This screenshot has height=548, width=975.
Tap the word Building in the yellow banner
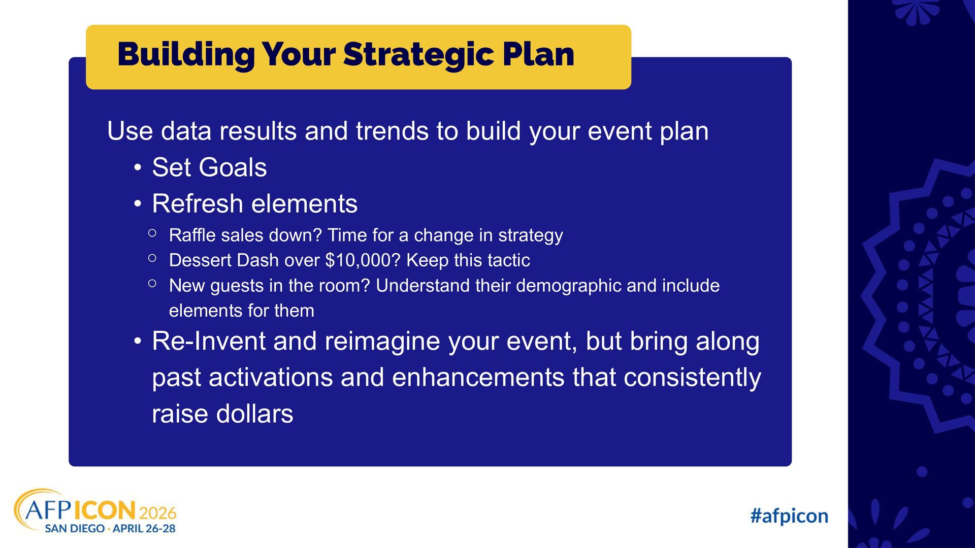click(x=186, y=55)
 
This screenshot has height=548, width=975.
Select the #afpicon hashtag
click(x=789, y=516)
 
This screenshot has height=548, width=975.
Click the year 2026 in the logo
click(x=157, y=512)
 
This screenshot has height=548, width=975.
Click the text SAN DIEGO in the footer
click(x=75, y=529)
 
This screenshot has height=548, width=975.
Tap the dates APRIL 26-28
click(x=144, y=529)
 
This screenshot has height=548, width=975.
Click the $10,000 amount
click(x=363, y=260)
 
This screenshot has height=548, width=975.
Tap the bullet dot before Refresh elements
click(x=138, y=204)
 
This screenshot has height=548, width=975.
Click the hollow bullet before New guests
click(x=152, y=284)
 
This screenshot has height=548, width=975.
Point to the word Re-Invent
click(x=209, y=341)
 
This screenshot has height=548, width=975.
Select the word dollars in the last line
click(x=254, y=414)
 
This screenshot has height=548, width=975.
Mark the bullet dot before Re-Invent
click(x=138, y=341)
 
